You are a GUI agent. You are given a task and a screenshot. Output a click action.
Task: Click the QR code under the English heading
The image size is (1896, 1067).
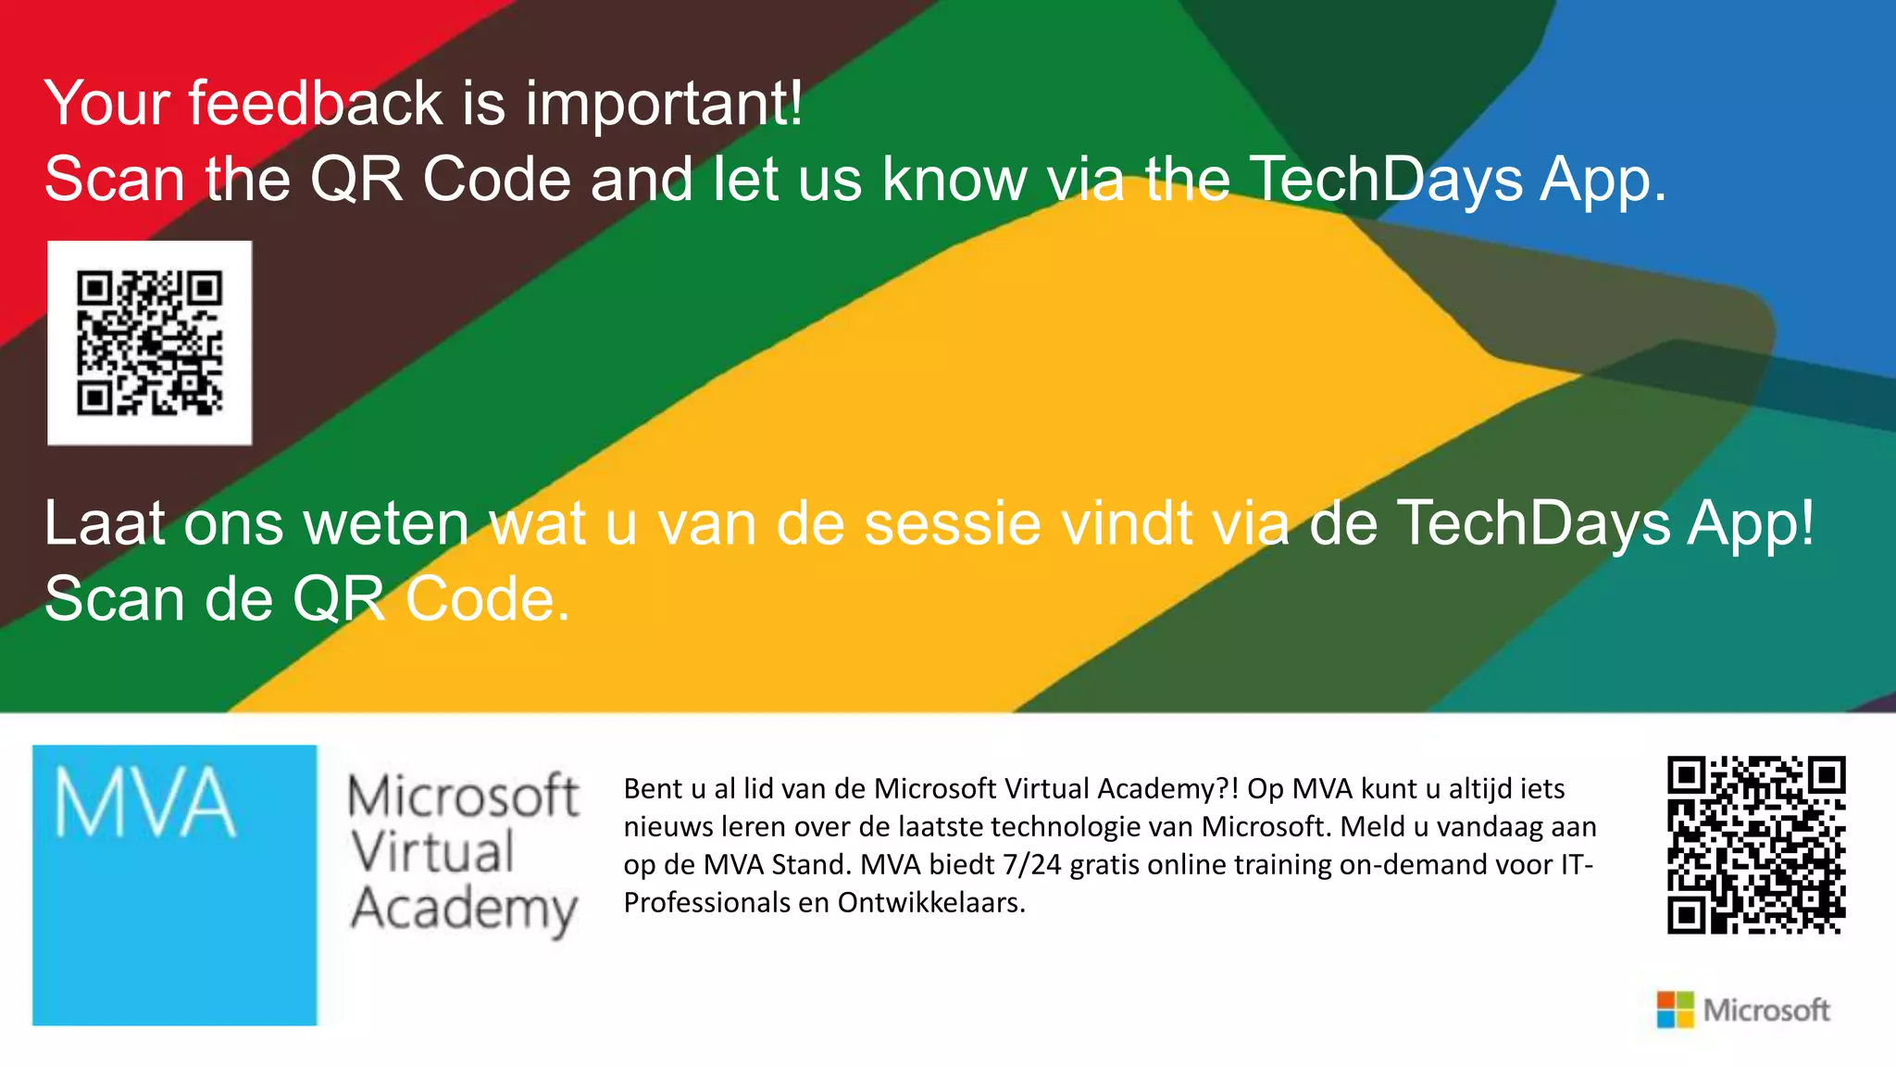(x=149, y=343)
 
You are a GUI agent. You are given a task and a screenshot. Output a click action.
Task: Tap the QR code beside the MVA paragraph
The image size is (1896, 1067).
(x=1756, y=845)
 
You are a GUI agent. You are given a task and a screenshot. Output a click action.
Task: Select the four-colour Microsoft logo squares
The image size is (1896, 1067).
(x=1675, y=1010)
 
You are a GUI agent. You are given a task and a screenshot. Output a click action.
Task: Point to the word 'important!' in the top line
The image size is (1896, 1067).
(x=664, y=104)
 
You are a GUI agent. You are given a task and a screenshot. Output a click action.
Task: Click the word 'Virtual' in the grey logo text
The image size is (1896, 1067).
(x=432, y=852)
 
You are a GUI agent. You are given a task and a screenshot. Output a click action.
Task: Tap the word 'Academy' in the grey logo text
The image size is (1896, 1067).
(x=464, y=910)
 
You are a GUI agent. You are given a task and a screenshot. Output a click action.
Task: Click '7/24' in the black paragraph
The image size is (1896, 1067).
(x=1031, y=865)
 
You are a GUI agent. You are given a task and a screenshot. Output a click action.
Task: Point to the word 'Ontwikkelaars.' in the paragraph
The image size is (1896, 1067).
(x=931, y=903)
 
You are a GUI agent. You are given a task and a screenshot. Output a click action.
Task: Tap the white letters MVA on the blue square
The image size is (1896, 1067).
(x=144, y=803)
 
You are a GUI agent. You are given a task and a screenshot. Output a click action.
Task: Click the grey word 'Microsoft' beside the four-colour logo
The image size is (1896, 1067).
(x=1766, y=1010)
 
